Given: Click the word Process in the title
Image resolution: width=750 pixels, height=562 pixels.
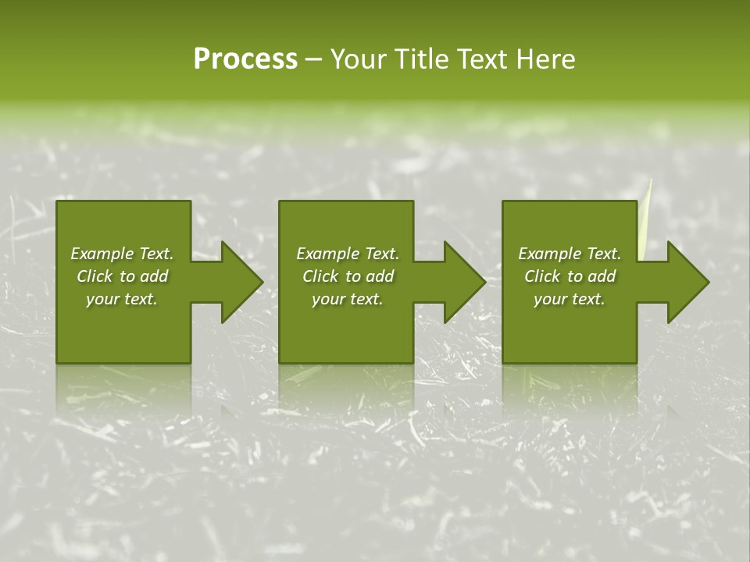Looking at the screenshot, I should coord(245,59).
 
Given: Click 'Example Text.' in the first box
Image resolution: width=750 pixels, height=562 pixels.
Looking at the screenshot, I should coord(122,254).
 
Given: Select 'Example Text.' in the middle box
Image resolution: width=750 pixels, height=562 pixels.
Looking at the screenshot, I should coord(348,254).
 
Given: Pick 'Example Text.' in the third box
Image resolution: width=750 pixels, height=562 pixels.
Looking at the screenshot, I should coord(570,254).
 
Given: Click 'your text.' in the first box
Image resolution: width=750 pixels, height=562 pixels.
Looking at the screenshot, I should coord(122,299).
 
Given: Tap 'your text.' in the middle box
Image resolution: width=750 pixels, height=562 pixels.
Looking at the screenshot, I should coord(348,299).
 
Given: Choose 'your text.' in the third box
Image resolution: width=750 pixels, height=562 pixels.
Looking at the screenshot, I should coord(570,299).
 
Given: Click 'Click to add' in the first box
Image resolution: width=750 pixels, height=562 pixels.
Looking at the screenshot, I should coord(122,276).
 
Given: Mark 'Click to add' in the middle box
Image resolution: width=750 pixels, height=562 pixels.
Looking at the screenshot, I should coord(348,276).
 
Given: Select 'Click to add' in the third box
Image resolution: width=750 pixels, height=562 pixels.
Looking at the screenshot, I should coord(570,276).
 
